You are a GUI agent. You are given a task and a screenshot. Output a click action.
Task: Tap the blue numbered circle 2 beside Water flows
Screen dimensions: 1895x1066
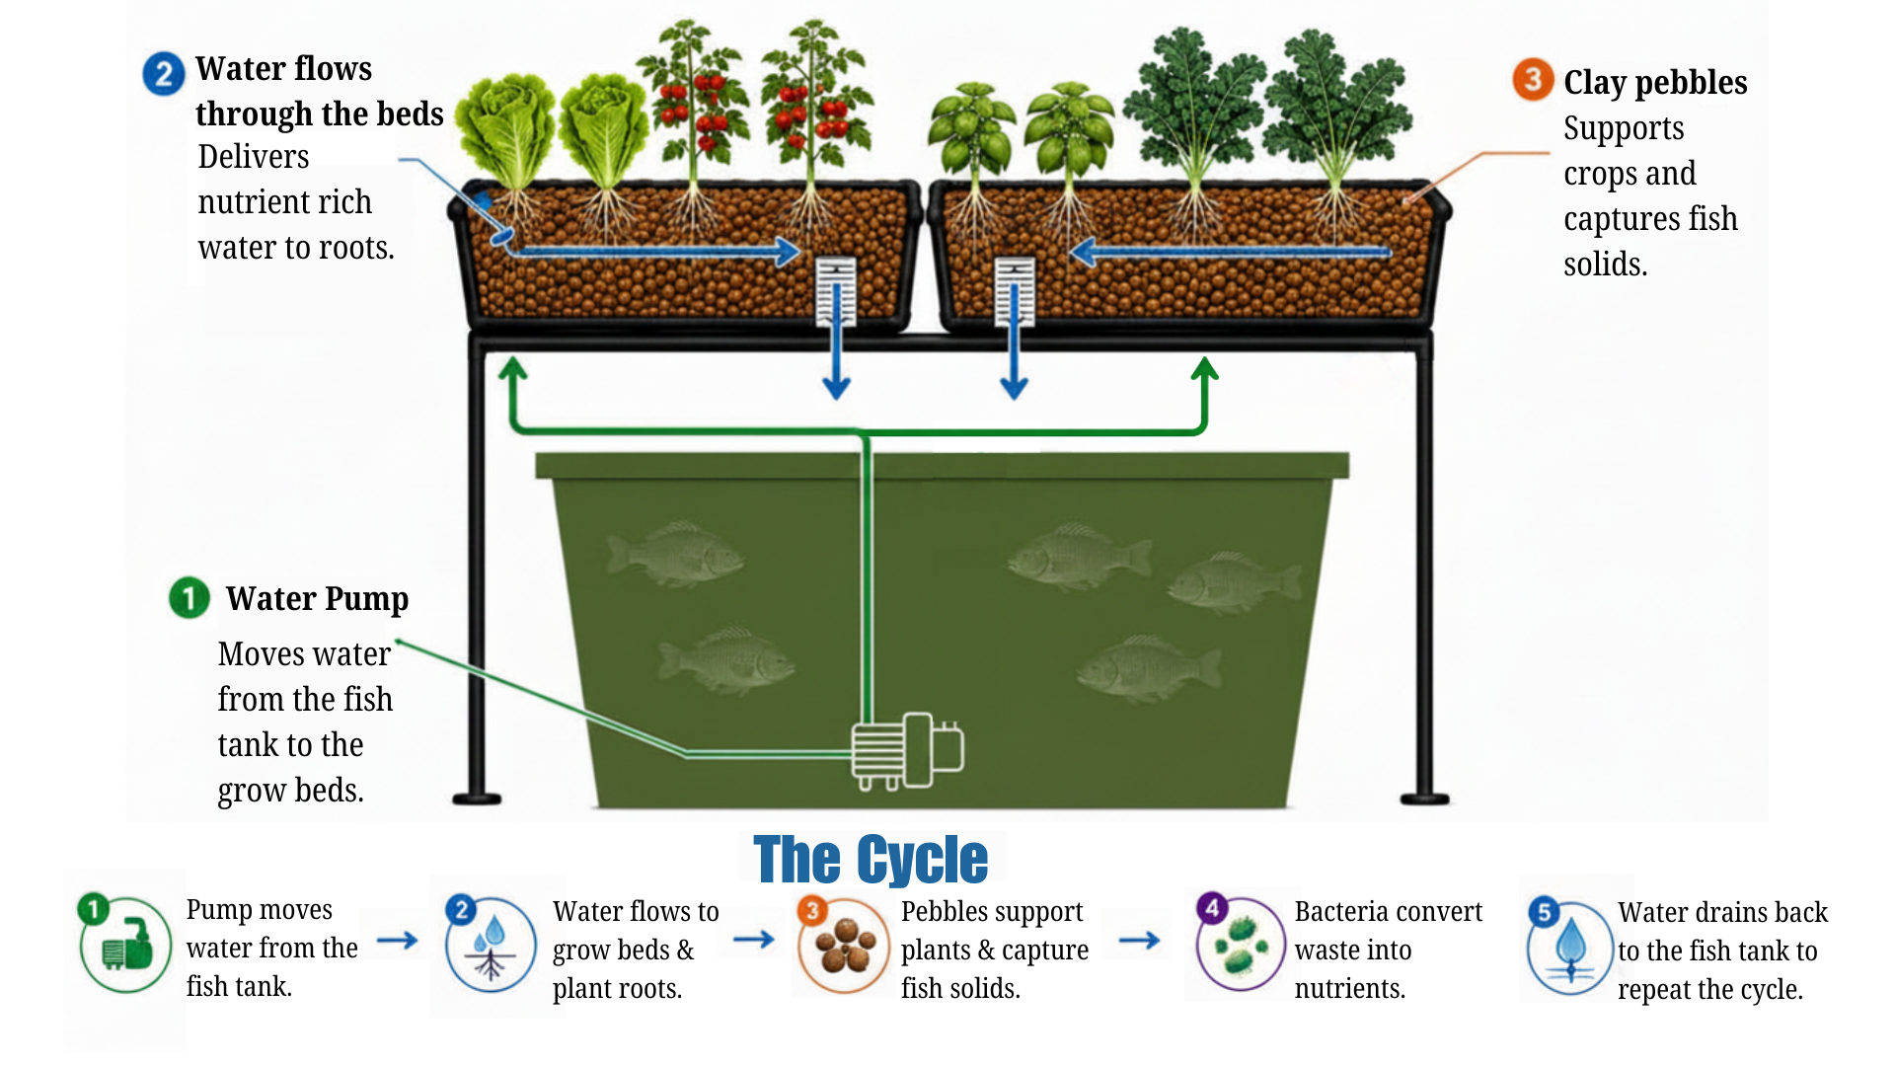(x=164, y=73)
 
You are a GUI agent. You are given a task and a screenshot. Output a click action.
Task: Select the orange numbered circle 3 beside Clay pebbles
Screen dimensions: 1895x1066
(x=1533, y=79)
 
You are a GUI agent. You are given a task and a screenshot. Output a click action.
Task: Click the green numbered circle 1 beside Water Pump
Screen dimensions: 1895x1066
(x=189, y=597)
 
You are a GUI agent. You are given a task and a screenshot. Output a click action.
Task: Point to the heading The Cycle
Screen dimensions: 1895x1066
(x=871, y=859)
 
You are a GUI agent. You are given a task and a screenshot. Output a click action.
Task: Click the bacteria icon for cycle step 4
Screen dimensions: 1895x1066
(x=1241, y=944)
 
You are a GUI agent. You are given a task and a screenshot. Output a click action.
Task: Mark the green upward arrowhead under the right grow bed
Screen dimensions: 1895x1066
(x=1204, y=369)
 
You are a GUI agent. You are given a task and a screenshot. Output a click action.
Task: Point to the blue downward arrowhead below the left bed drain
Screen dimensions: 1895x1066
(x=837, y=387)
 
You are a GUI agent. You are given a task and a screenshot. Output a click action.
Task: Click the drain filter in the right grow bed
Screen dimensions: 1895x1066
(x=1015, y=292)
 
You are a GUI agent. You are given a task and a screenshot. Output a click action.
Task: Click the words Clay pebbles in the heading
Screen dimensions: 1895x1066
(x=1655, y=83)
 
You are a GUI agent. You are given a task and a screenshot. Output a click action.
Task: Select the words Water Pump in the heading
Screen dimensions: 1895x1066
(x=317, y=599)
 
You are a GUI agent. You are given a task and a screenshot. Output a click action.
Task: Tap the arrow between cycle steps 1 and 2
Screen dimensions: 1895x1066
(x=398, y=941)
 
